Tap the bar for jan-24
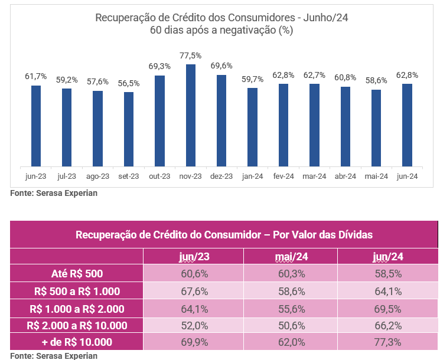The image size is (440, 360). (252, 127)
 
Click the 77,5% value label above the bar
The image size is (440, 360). (191, 55)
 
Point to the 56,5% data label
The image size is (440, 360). (129, 83)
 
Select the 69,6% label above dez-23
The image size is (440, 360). (221, 66)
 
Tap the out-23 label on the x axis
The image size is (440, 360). (159, 176)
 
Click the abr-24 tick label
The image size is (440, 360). (345, 176)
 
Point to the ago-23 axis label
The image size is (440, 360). (97, 176)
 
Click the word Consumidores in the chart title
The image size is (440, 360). (260, 18)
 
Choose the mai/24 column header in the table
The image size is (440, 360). (291, 257)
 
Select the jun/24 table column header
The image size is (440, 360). (387, 257)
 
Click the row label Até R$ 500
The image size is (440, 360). (77, 273)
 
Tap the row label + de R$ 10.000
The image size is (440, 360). (77, 342)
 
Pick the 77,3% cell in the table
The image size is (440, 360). (387, 342)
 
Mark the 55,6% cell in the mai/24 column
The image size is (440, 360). (291, 307)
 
